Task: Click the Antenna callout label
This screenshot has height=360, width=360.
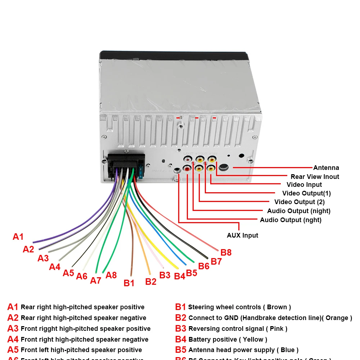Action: click(326, 168)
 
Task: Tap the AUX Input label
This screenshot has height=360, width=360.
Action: click(242, 235)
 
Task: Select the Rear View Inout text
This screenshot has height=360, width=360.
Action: click(315, 177)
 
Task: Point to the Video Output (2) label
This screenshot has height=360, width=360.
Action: click(300, 202)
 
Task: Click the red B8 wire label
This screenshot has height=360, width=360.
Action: click(226, 252)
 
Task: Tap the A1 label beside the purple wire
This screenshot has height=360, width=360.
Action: click(18, 237)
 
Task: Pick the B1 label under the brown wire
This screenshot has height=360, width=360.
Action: click(129, 283)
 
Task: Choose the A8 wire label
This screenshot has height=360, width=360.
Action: click(111, 275)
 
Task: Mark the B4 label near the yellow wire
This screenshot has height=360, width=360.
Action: click(179, 276)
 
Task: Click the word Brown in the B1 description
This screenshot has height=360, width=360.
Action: click(277, 307)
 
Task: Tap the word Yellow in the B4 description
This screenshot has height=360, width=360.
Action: click(253, 339)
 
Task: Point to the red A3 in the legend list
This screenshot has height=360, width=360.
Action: click(13, 328)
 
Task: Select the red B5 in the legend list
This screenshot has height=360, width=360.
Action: click(181, 350)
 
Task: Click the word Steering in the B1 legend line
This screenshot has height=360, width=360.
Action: click(201, 307)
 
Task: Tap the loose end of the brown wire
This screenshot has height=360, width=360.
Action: click(131, 275)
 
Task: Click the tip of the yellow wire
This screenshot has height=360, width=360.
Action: click(177, 267)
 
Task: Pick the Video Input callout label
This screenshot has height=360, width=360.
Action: click(304, 185)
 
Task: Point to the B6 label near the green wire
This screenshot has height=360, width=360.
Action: click(204, 266)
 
